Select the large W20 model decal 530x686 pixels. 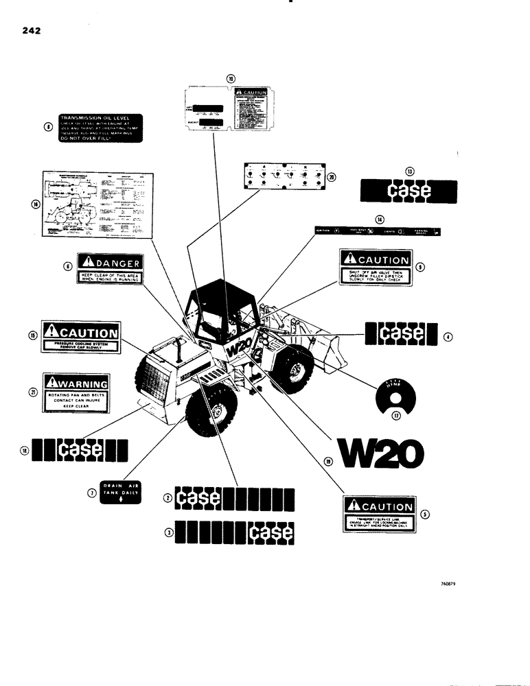click(379, 451)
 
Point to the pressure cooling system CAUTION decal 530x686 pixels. click(81, 337)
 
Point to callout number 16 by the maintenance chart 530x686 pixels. click(36, 204)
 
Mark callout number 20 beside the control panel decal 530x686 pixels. click(332, 176)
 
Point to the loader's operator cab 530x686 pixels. click(218, 312)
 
